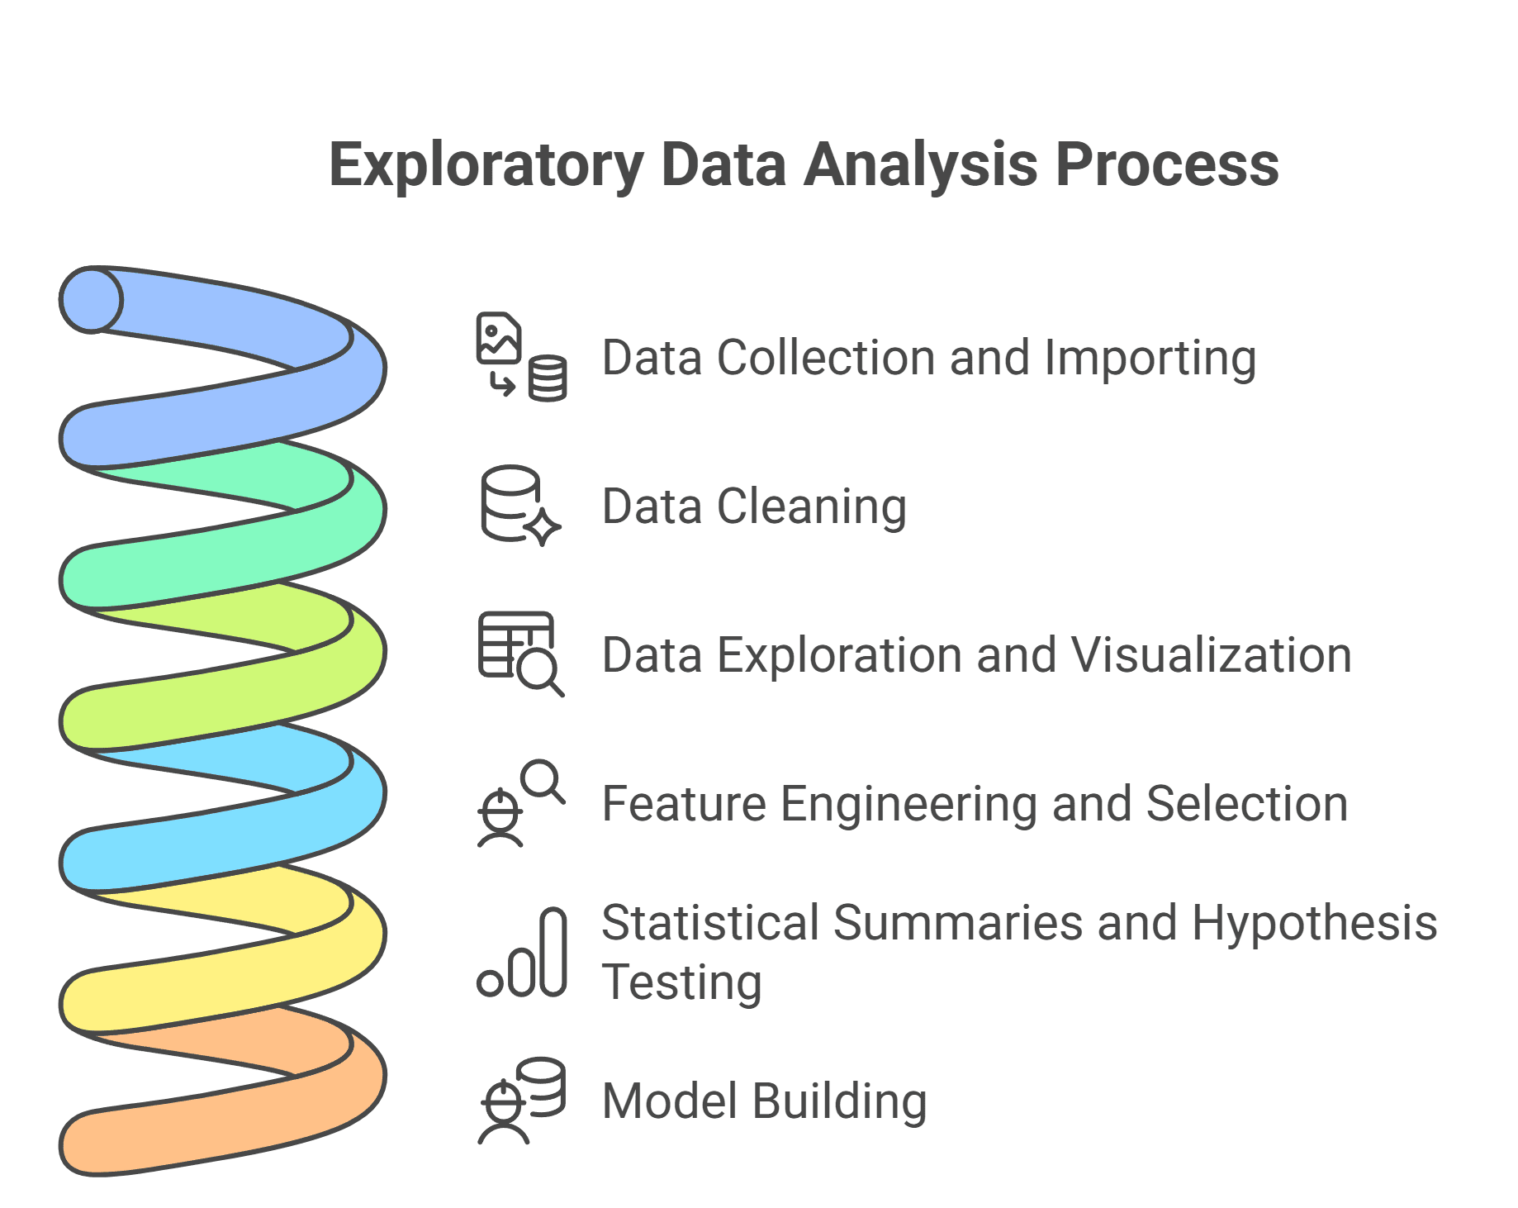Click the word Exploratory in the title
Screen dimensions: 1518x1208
486,166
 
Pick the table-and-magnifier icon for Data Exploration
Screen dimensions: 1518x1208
521,654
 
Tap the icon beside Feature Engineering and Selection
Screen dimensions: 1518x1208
521,803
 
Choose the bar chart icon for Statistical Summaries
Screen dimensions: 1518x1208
522,952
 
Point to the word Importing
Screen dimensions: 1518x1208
1150,359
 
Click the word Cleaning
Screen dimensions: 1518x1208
812,507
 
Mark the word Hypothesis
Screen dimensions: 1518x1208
1315,925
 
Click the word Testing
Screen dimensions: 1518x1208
682,984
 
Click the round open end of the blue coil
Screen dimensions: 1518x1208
91,300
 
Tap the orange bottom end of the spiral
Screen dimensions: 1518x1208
87,1144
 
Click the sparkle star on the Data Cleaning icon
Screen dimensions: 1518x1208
543,527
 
